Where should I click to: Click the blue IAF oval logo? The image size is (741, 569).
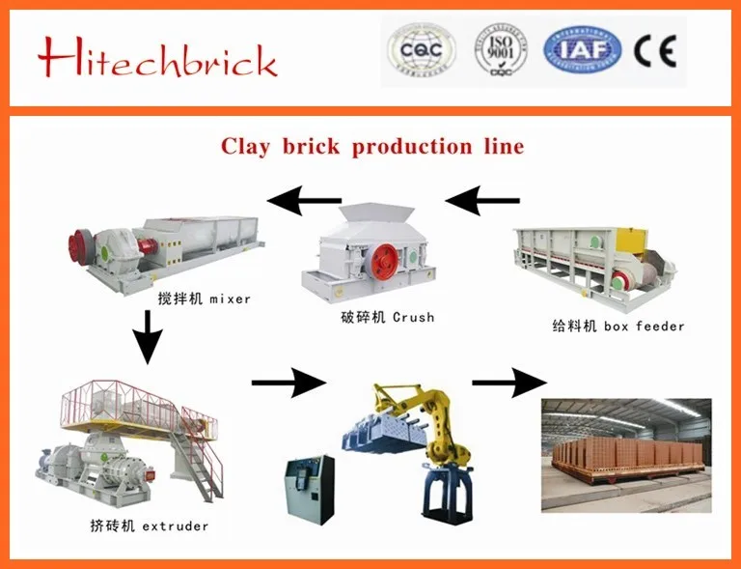pyautogui.click(x=582, y=50)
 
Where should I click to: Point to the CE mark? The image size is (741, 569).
pyautogui.click(x=655, y=50)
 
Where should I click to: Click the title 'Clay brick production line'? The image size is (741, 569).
pyautogui.click(x=372, y=147)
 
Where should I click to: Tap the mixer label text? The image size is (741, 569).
pyautogui.click(x=204, y=299)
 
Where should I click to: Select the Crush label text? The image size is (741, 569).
pyautogui.click(x=386, y=317)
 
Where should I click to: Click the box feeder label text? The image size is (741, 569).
pyautogui.click(x=617, y=326)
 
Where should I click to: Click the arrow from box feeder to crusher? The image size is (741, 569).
pyautogui.click(x=482, y=201)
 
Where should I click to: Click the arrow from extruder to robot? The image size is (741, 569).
pyautogui.click(x=288, y=383)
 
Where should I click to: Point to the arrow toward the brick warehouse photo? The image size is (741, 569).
pyautogui.click(x=508, y=383)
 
